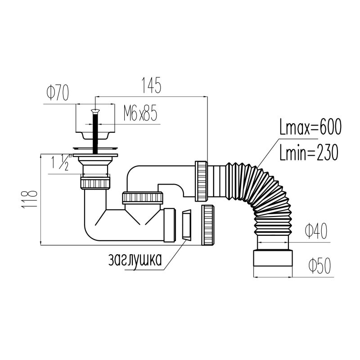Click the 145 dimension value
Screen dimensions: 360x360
(x=151, y=85)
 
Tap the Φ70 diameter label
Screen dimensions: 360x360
(x=58, y=93)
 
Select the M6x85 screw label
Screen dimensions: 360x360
(x=140, y=113)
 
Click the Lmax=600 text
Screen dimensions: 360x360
(x=310, y=127)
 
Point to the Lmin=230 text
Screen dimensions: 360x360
(x=309, y=152)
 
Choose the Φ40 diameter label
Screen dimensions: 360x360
(x=316, y=231)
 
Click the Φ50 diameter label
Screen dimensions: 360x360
(x=320, y=265)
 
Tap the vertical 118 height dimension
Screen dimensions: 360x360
(x=29, y=199)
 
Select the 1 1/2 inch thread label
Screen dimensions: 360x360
(x=60, y=162)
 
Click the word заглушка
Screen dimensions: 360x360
(x=135, y=260)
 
